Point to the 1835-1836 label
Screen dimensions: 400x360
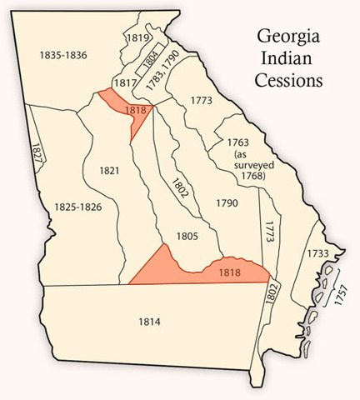point(63,55)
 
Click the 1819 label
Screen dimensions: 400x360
point(137,37)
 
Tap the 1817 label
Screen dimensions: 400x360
point(124,82)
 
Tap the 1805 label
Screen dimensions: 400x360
point(187,236)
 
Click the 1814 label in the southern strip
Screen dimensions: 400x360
point(151,320)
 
